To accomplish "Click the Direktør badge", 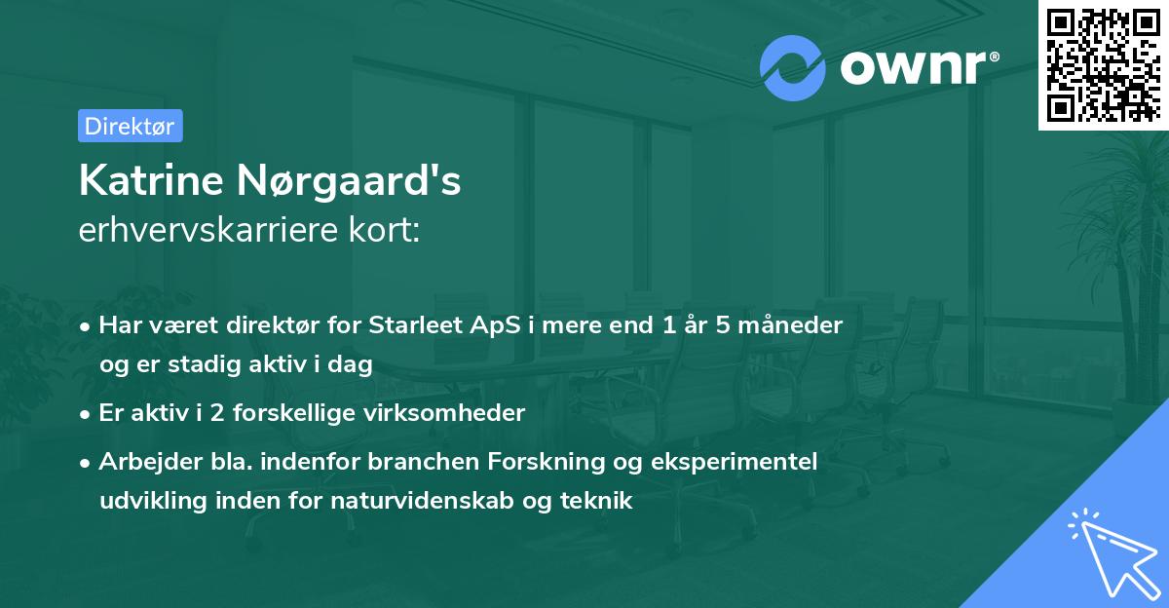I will tap(130, 126).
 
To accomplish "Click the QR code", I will tap(1101, 63).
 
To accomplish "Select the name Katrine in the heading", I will tap(147, 180).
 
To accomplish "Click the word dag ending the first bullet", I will tap(354, 364).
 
